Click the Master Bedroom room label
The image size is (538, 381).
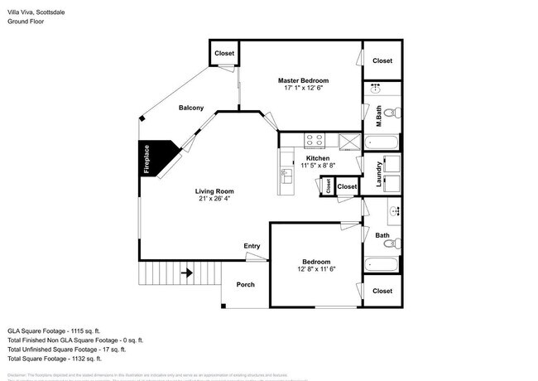click(x=303, y=80)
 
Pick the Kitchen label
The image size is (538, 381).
click(x=318, y=157)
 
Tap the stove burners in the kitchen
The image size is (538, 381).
click(x=315, y=139)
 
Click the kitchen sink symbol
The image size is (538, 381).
click(x=286, y=174)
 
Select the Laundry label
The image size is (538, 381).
click(x=379, y=173)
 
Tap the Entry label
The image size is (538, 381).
click(x=252, y=246)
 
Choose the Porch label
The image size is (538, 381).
click(x=246, y=285)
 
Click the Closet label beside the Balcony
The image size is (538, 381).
click(x=224, y=54)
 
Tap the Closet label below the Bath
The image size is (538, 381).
click(x=382, y=291)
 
